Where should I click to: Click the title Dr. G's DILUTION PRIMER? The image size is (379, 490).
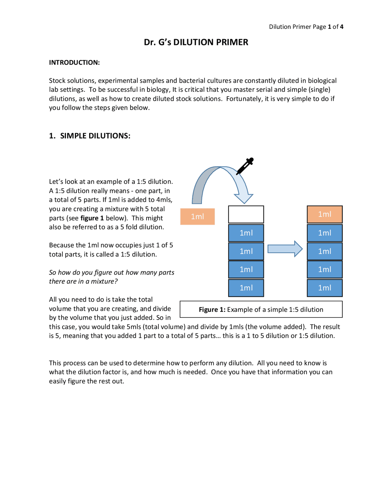pos(196,42)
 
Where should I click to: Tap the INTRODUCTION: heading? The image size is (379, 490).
pos(74,62)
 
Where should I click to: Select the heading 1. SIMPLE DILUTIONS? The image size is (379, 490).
pos(90,136)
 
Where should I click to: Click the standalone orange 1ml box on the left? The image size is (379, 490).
pos(197,217)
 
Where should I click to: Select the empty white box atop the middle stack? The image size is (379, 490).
pos(246,215)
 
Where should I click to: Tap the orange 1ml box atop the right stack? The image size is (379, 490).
pos(325,214)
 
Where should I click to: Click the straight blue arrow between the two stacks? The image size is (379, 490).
pos(285,249)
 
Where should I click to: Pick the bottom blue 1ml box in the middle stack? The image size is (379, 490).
pos(246,288)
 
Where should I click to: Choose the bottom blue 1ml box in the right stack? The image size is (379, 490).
pos(325,288)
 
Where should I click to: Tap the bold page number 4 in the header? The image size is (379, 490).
pos(342,27)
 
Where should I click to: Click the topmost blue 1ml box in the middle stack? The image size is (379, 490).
pos(246,233)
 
